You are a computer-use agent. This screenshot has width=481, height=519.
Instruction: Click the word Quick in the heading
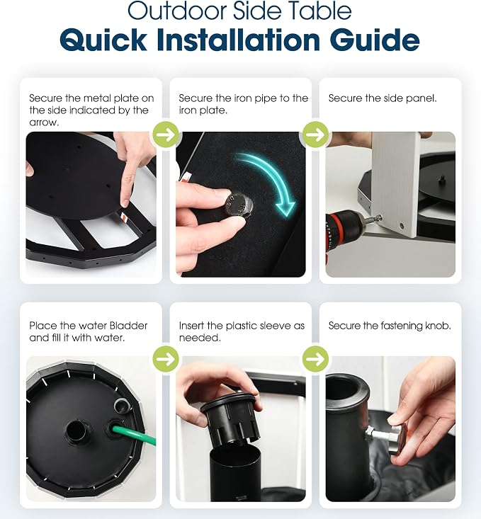103,40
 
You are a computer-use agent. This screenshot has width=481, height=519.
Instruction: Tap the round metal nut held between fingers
239,205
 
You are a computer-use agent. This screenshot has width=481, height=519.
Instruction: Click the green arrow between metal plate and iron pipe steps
166,135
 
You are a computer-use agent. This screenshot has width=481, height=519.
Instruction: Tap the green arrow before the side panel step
315,135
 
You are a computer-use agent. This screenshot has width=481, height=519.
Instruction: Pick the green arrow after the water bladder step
166,359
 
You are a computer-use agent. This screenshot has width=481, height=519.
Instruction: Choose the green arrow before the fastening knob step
315,359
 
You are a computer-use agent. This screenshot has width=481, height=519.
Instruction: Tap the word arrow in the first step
43,122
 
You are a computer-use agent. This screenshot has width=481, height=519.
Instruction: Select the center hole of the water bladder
76,429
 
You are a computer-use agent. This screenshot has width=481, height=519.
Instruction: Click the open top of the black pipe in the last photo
346,384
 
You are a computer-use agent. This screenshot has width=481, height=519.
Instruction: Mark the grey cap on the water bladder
122,404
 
